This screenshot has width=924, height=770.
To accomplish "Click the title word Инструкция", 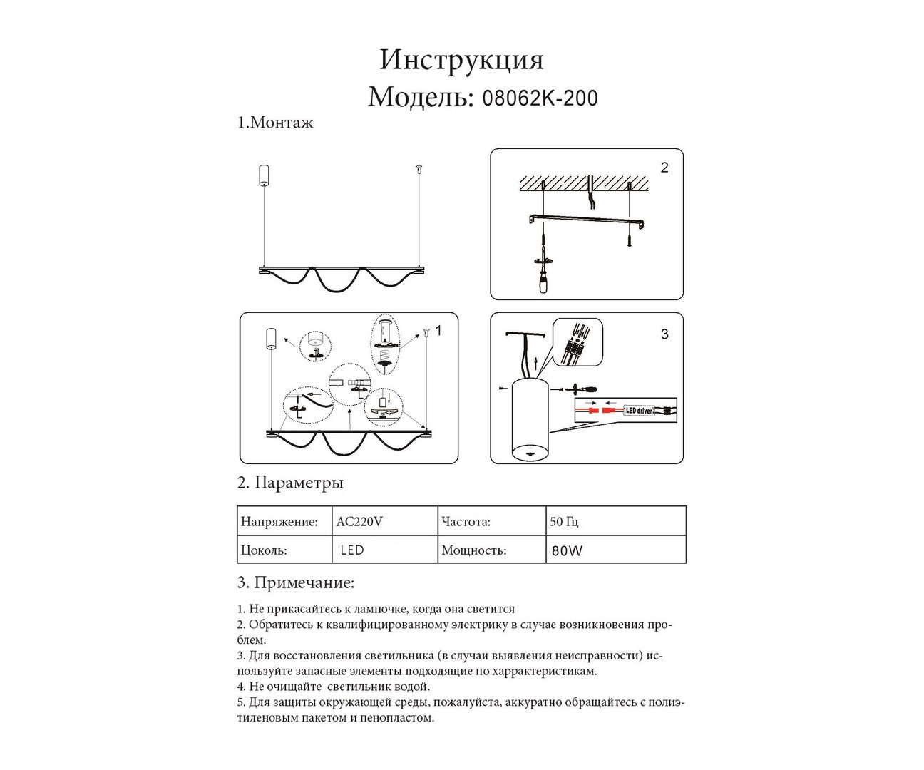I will (x=461, y=60).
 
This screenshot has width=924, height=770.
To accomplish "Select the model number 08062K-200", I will (x=540, y=98).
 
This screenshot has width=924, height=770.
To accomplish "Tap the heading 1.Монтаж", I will (x=275, y=123).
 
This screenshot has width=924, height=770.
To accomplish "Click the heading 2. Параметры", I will (x=290, y=483).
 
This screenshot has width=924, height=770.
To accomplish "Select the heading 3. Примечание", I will (x=295, y=582).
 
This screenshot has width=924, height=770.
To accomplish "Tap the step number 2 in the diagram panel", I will (x=664, y=168).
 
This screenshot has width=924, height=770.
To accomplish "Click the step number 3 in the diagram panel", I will (x=664, y=334).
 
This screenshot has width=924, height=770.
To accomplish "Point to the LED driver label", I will (x=639, y=411).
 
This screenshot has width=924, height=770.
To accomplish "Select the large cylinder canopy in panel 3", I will (x=529, y=421).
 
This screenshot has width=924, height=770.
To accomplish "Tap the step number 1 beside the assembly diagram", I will (x=438, y=331).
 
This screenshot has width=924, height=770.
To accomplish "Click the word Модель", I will (x=420, y=97).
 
